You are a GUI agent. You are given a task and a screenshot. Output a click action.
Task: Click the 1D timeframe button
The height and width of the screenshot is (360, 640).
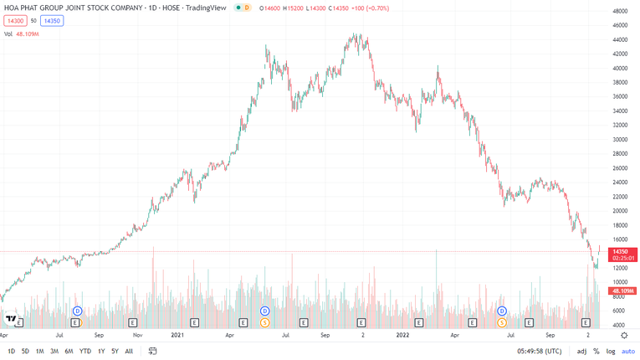point(11,352)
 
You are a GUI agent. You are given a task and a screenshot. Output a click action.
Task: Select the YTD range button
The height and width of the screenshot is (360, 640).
point(84,352)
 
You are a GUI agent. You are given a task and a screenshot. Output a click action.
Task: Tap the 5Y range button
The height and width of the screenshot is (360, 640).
point(115,352)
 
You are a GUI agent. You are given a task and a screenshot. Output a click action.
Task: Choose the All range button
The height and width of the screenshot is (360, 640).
point(129,352)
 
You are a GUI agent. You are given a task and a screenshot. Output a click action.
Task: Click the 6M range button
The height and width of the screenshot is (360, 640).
point(69,352)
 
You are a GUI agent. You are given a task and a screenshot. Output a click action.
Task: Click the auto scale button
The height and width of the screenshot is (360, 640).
point(628,352)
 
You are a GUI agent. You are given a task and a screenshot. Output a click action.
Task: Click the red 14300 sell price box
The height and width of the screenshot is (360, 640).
point(15,20)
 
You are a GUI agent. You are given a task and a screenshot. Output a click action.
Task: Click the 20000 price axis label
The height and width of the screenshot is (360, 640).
point(620,211)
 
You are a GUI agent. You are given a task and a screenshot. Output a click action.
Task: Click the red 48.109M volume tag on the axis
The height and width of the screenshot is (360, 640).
point(622,291)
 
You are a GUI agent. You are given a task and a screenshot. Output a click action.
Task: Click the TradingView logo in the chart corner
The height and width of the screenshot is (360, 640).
point(11,319)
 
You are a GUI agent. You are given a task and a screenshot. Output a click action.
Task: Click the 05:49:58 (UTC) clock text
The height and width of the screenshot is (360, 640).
point(545,352)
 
